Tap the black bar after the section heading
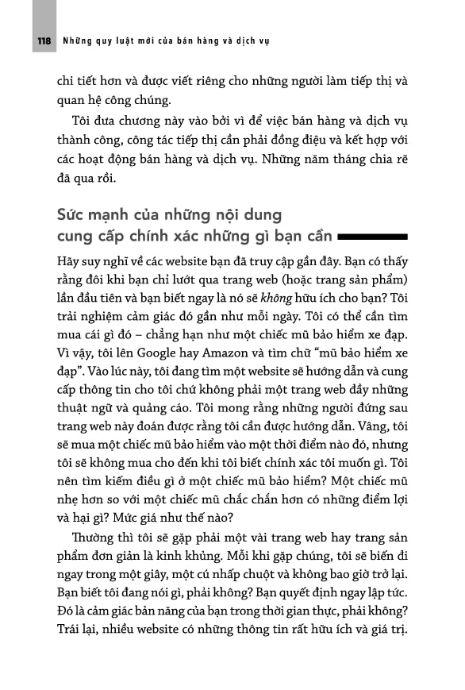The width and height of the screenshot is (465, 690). click(x=373, y=237)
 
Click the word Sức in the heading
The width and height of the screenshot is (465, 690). click(x=71, y=215)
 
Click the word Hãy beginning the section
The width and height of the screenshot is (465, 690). click(x=69, y=263)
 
